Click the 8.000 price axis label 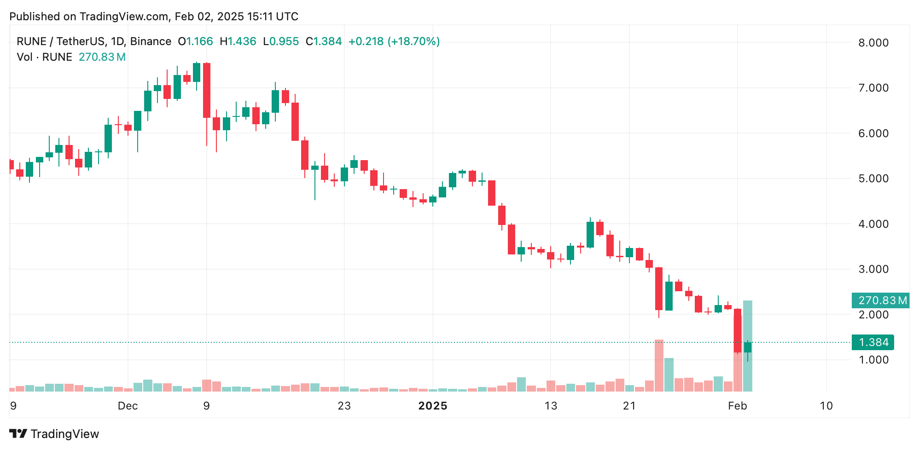873,43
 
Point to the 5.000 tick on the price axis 873,179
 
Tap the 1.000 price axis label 873,360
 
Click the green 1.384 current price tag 873,342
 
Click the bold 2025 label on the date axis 432,406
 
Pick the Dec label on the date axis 128,406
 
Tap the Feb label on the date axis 737,406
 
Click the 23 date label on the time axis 344,406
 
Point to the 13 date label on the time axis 551,406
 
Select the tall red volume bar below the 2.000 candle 659,366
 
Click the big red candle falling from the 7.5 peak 207,90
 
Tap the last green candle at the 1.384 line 748,347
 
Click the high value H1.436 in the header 238,41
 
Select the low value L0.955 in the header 281,41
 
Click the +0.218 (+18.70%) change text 394,41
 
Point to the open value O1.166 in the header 196,41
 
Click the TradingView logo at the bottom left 54,434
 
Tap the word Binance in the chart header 151,41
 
